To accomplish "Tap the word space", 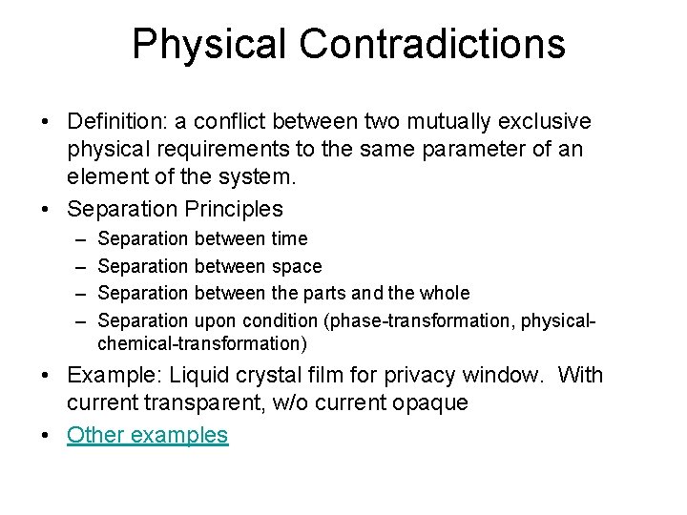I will point(298,266).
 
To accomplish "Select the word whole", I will point(445,293).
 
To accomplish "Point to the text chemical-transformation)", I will point(202,342).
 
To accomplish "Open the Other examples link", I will point(148,436).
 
